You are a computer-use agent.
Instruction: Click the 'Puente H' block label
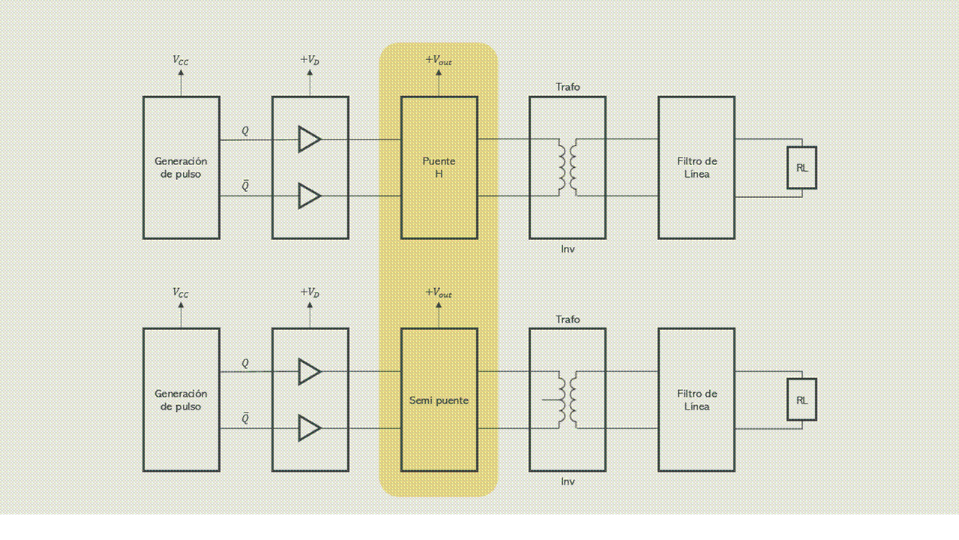[439, 167]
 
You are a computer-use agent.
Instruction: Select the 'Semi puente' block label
[439, 400]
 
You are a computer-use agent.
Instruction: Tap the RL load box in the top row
[802, 168]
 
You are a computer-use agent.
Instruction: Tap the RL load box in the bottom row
[802, 400]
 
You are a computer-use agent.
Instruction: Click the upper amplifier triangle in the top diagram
[309, 139]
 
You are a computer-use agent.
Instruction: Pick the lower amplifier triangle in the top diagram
[309, 196]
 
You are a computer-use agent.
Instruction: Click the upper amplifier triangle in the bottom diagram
[309, 371]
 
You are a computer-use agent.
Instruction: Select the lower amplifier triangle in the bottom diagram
[309, 428]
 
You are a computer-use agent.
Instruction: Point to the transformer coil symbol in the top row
[568, 167]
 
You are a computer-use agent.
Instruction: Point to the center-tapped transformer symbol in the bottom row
[567, 400]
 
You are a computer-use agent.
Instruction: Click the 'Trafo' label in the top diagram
[568, 87]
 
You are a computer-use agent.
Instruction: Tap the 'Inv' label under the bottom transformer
[568, 481]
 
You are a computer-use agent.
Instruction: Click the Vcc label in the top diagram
[181, 60]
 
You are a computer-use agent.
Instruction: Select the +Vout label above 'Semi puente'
[439, 292]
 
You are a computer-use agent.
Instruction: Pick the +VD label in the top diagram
[310, 60]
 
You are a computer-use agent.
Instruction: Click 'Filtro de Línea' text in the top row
[697, 167]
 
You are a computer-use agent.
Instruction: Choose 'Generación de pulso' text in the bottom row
[181, 400]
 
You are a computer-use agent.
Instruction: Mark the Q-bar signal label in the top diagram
[245, 186]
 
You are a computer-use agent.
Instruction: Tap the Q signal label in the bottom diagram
[245, 363]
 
